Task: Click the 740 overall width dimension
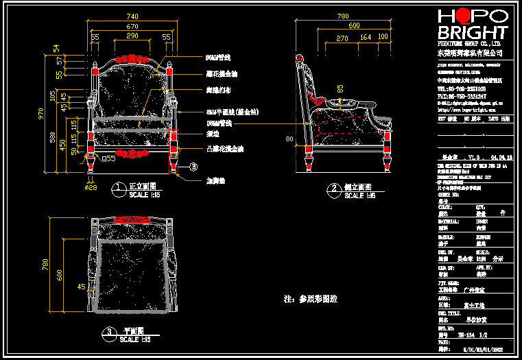(132, 15)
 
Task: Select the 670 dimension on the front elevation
(132, 25)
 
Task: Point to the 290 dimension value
(132, 36)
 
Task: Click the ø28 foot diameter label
(91, 187)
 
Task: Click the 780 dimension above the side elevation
(343, 15)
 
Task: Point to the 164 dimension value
(366, 36)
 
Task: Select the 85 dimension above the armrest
(340, 88)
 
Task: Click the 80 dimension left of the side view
(289, 139)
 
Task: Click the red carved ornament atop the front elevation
(132, 60)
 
